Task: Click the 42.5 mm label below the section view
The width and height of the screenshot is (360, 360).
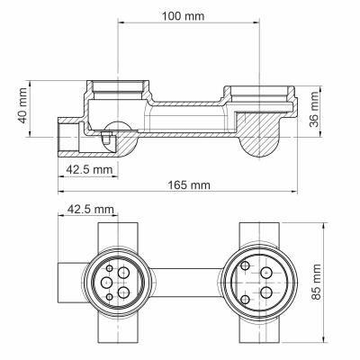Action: tap(89, 167)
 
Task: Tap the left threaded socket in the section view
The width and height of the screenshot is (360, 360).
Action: tap(119, 92)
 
